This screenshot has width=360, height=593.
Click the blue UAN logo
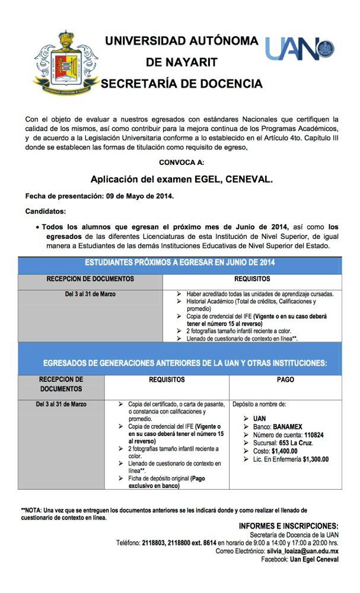300,49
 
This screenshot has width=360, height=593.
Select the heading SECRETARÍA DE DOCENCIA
181,84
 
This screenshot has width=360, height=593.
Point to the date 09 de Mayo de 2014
145,196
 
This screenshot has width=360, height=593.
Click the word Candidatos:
46,211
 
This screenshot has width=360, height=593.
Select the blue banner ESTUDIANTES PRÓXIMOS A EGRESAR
180,262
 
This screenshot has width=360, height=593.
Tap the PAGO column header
285,380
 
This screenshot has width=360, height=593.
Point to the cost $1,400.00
288,451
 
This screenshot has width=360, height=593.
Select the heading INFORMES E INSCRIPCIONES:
288,525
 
